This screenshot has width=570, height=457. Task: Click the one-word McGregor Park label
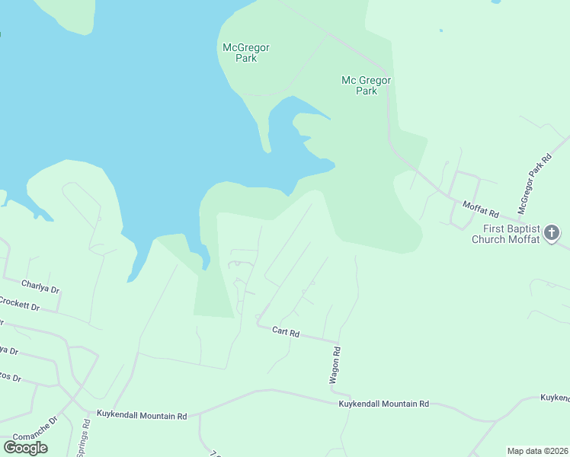tap(245, 53)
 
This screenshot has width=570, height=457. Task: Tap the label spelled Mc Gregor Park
tap(367, 85)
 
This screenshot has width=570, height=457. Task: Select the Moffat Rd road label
tap(480, 209)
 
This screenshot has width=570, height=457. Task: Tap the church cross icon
tap(552, 232)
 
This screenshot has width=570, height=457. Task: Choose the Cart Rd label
tap(287, 333)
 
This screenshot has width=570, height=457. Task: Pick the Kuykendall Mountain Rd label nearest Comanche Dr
tap(142, 416)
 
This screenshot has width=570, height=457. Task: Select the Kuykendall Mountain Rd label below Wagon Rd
tap(384, 404)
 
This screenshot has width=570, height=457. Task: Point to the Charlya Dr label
tap(40, 287)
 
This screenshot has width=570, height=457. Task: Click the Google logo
tap(25, 448)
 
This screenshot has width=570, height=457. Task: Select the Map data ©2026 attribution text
tap(538, 451)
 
